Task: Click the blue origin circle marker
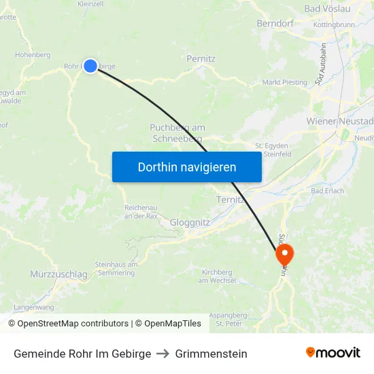[90, 66]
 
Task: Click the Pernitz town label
[201, 59]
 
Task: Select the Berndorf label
[274, 24]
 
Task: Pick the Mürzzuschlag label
[59, 274]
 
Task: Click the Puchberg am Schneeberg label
[177, 133]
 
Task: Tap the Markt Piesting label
[285, 83]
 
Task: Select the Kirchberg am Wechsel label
[218, 275]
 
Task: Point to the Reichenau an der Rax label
[142, 211]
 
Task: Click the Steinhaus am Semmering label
[116, 268]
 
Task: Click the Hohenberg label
[33, 54]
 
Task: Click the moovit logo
[333, 352]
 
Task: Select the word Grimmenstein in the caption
[211, 354]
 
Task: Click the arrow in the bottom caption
[163, 354]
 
